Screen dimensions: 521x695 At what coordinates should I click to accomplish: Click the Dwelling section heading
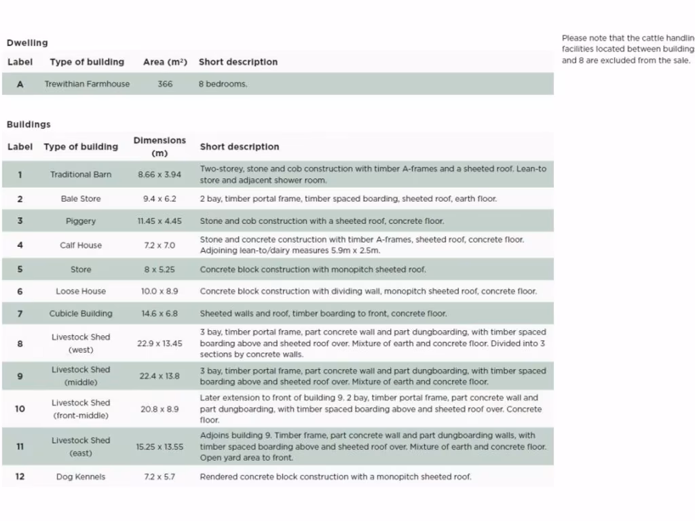coord(27,43)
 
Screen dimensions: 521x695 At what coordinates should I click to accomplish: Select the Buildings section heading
coord(29,124)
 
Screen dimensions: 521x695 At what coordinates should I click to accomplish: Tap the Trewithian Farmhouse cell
coord(87,84)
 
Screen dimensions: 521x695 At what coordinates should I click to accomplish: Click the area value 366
coord(165,84)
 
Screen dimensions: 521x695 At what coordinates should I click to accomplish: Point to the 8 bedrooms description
coord(223,84)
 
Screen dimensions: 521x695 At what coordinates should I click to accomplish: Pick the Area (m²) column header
coord(165,62)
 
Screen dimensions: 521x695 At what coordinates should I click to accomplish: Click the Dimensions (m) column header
coord(159,147)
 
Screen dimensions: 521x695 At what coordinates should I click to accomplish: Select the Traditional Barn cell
coord(81,174)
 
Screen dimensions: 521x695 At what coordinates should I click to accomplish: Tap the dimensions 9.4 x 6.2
coord(159,199)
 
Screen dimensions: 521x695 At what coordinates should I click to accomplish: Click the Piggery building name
coord(81,221)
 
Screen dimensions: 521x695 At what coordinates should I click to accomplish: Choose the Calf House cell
coord(81,245)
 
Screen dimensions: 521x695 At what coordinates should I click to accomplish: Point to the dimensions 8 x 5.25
coord(159,269)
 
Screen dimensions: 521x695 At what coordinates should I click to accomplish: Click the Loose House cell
coord(81,291)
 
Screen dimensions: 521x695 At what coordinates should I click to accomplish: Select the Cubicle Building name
coord(81,313)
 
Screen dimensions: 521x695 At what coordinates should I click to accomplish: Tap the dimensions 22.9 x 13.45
coord(159,343)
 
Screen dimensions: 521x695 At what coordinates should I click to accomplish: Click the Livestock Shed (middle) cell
coord(81,376)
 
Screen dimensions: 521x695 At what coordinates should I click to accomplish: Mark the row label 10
coord(20,408)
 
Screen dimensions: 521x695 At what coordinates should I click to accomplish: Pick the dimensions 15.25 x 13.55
coord(159,446)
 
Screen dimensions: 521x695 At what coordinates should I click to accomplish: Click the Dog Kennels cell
coord(81,477)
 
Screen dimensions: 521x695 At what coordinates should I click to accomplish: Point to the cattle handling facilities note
coord(627,50)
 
